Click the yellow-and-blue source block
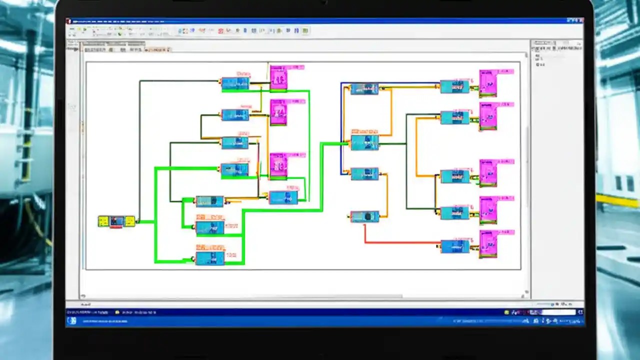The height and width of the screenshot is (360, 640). [x=116, y=221]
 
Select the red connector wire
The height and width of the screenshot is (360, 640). [x=400, y=242]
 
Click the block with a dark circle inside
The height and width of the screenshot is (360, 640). [x=364, y=216]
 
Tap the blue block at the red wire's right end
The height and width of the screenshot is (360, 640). [x=454, y=246]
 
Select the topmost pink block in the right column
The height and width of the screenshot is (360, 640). [x=488, y=82]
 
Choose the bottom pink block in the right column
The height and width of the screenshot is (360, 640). [x=488, y=243]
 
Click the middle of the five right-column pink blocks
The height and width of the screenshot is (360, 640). [x=488, y=172]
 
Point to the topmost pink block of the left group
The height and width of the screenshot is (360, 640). [x=278, y=78]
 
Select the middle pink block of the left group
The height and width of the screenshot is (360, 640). [x=278, y=112]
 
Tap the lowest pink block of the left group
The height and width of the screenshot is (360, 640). [x=278, y=165]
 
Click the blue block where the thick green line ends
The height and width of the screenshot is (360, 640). [x=364, y=142]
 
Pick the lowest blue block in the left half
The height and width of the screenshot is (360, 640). [x=210, y=258]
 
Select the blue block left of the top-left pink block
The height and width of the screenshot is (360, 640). [x=235, y=83]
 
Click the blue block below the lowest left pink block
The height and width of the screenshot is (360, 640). [x=283, y=197]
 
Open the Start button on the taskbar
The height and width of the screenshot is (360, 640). [x=72, y=320]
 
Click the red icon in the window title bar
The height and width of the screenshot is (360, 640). [x=69, y=21]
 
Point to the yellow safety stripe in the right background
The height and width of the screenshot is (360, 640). [x=617, y=200]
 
